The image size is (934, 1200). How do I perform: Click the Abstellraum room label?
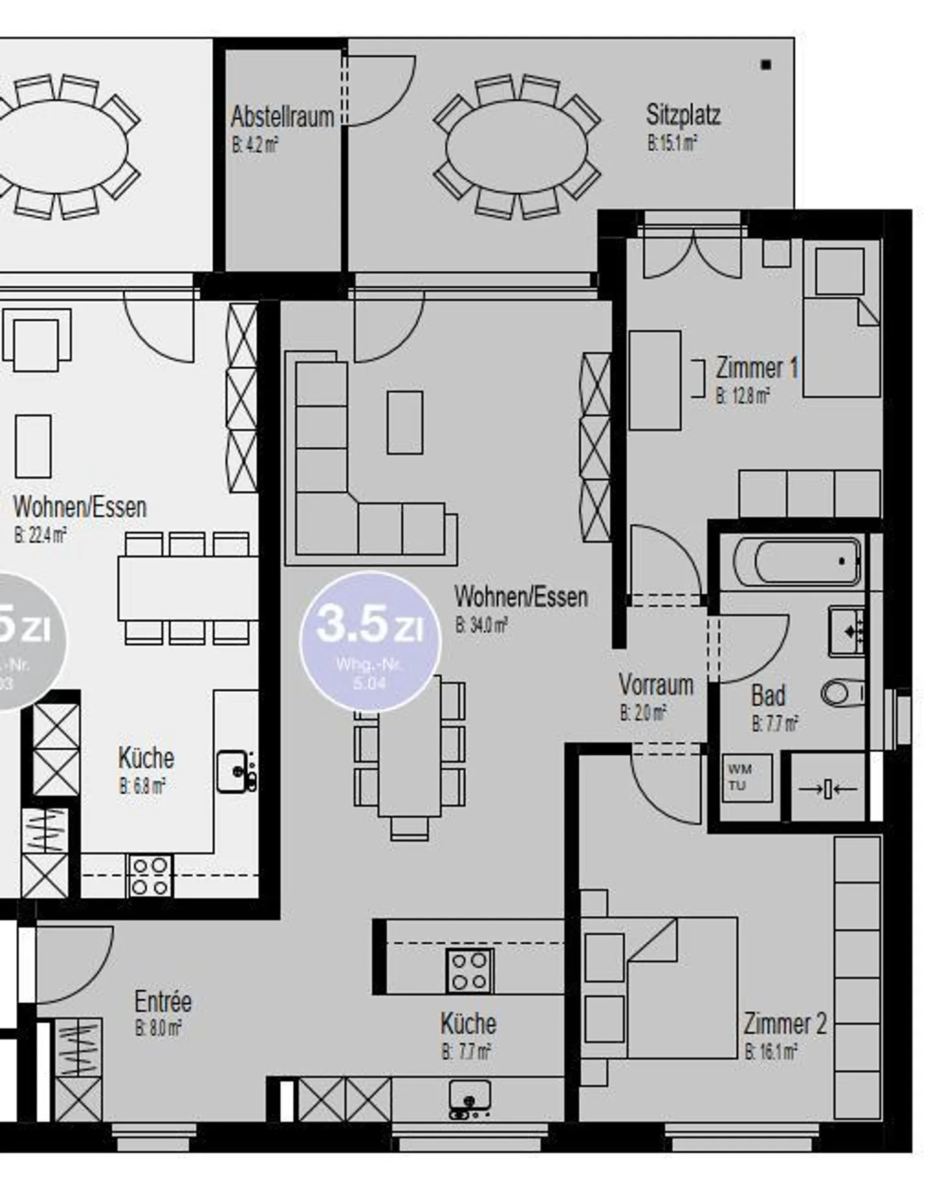[x=282, y=117]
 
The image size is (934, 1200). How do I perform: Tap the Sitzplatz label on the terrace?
[x=683, y=115]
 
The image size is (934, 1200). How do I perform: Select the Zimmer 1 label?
[x=756, y=368]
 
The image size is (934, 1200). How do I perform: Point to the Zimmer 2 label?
[x=785, y=1024]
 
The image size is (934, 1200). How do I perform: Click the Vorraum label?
[x=656, y=685]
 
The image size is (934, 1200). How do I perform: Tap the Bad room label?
[x=768, y=696]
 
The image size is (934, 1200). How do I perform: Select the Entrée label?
[x=163, y=1001]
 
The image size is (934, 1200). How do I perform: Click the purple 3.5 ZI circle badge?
[x=370, y=642]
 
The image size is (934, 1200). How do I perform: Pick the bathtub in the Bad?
[x=798, y=561]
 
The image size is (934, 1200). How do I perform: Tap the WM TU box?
[x=747, y=778]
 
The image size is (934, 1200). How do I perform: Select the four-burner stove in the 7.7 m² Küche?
[x=470, y=971]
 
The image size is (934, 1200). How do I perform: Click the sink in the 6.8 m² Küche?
[x=233, y=771]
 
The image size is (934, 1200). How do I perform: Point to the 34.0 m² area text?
[x=481, y=626]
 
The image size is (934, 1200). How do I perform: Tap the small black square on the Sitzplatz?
[x=766, y=65]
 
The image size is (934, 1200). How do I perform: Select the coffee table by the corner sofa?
[x=405, y=422]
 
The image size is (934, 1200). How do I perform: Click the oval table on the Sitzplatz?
[x=516, y=146]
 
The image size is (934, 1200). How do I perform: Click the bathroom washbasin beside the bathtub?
[x=847, y=630]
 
